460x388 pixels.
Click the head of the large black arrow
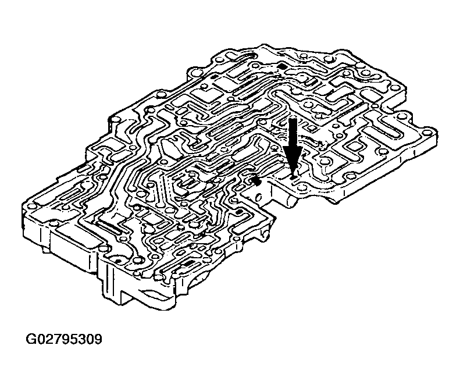(x=293, y=159)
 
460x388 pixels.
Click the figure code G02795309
(x=64, y=339)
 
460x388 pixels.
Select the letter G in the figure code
(x=31, y=339)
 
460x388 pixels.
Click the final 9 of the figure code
(x=98, y=339)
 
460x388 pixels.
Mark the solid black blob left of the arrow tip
(x=256, y=181)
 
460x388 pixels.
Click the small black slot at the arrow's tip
(x=293, y=176)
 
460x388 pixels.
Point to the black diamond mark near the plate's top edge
(x=282, y=66)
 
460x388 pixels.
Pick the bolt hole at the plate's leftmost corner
(x=30, y=207)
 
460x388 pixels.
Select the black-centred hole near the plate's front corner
(x=117, y=261)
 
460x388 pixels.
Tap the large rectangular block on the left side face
(x=73, y=249)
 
